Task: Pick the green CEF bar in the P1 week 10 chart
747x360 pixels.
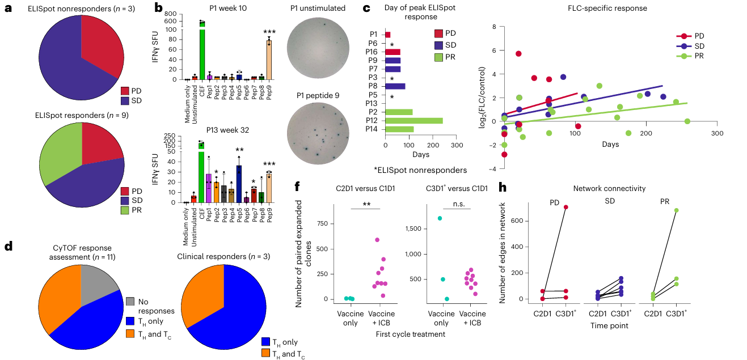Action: pyautogui.click(x=201, y=51)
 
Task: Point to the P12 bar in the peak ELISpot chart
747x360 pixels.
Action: pyautogui.click(x=413, y=121)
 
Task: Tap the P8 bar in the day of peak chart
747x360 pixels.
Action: pyautogui.click(x=395, y=86)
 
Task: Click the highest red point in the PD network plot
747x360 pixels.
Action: pyautogui.click(x=550, y=207)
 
